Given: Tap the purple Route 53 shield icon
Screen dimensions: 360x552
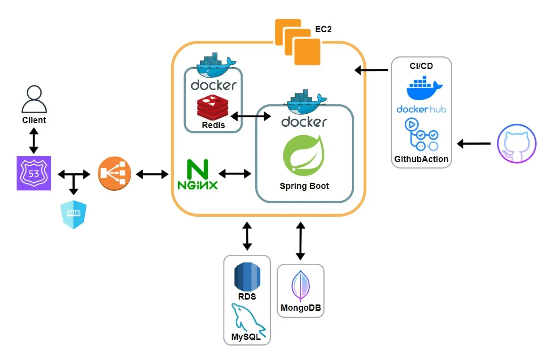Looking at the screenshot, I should coord(34,173).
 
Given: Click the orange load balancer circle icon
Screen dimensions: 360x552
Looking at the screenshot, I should coord(115,173).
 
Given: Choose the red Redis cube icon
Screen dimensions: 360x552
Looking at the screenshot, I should coord(213,107).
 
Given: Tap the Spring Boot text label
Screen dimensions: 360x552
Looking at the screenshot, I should coord(304,186).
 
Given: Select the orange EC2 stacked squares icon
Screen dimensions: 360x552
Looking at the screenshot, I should coord(298,42).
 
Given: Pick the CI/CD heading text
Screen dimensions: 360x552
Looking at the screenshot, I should coord(421,66).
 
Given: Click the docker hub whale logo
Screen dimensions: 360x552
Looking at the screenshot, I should coord(424,88).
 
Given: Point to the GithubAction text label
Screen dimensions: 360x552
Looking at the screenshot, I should coord(421,159).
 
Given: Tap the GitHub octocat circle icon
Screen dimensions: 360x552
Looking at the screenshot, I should coord(517,144).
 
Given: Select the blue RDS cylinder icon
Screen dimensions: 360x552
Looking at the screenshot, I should coord(247,277).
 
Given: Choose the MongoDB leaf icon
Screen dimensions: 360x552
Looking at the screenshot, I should coord(300,285).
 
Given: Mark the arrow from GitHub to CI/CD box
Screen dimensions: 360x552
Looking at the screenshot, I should coord(474,144).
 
